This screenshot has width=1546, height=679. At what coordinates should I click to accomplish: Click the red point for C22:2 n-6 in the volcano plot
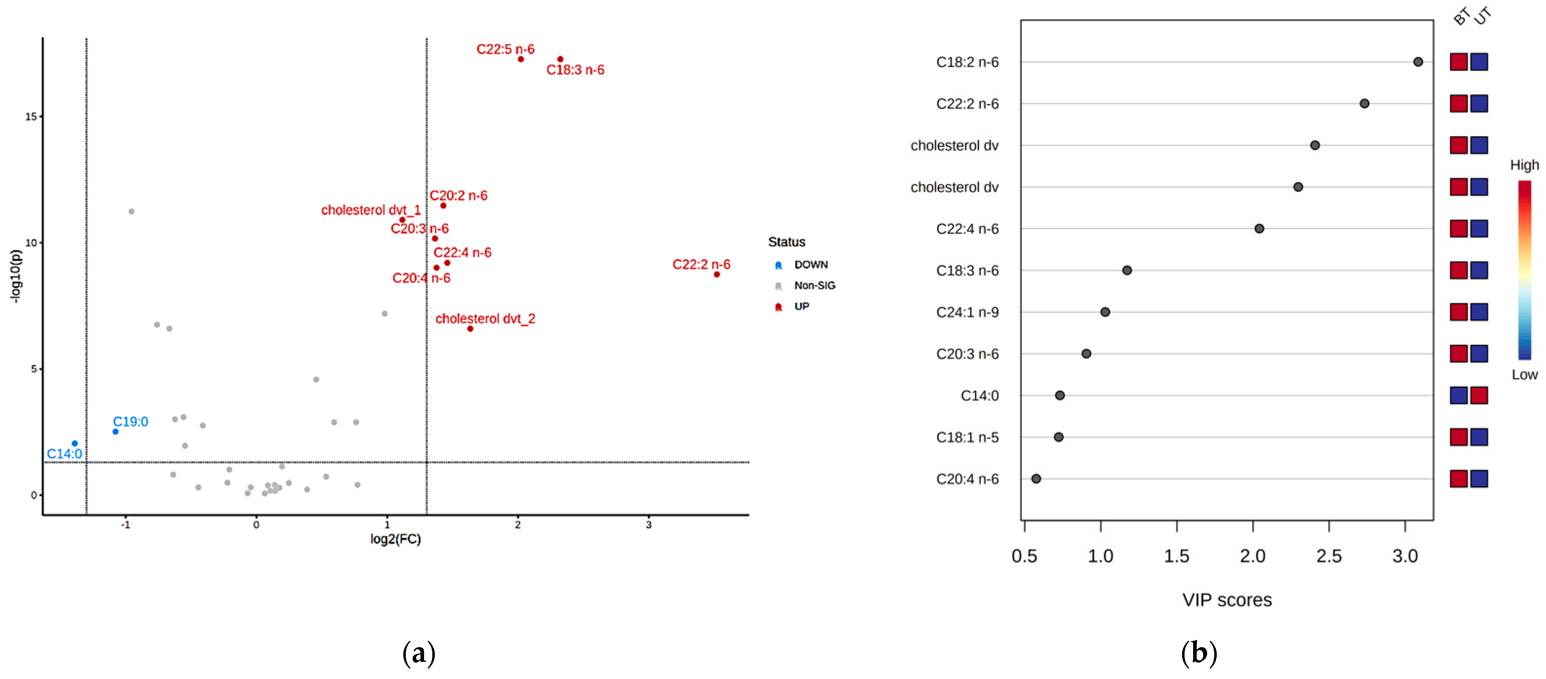pos(716,274)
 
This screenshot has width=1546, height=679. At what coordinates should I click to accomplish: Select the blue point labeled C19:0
pos(115,431)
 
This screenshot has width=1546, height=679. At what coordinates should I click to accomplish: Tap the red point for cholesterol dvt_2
pos(470,329)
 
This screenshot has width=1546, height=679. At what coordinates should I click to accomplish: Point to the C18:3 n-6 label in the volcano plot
pos(575,70)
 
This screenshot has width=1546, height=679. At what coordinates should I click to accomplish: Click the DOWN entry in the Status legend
pos(810,265)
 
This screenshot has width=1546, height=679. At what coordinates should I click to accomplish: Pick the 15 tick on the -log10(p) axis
pos(31,116)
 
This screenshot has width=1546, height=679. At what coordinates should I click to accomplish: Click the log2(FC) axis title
pos(395,538)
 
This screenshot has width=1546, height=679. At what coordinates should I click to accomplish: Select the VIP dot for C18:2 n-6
pos(1418,62)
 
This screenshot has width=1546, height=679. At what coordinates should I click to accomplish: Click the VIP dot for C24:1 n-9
pos(1105,312)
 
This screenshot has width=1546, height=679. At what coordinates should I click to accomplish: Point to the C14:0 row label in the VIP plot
pos(979,396)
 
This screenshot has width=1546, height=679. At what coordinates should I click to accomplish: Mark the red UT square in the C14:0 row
pos(1479,395)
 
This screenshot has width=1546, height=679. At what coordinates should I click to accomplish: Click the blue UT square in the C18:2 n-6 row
pos(1479,62)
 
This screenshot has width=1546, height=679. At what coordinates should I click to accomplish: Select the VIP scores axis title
pos(1227,600)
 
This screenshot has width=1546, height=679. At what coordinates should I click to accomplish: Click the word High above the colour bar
pos(1525,165)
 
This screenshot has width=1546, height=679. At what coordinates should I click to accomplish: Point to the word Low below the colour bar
pos(1525,375)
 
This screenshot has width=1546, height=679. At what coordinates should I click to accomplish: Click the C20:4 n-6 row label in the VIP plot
pos(967,479)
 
